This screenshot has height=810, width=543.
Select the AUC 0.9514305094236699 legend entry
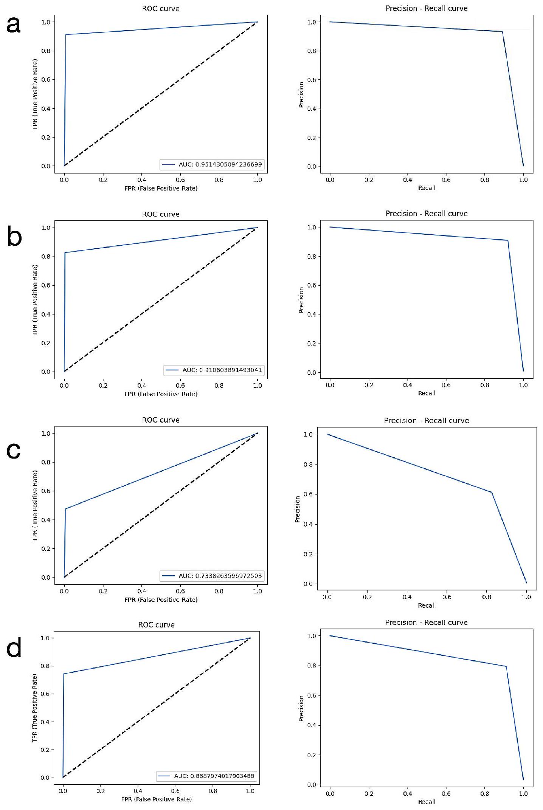click(212, 164)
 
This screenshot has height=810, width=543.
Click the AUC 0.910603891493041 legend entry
click(214, 370)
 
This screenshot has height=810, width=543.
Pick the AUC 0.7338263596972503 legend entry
click(212, 576)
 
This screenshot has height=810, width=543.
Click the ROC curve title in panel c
click(161, 420)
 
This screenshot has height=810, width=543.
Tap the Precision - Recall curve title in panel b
click(427, 214)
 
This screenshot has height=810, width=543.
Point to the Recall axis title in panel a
click(427, 188)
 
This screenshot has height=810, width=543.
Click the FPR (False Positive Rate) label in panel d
click(156, 799)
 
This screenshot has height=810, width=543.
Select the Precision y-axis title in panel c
click(298, 509)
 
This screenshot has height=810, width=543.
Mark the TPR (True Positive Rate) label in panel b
click(35, 300)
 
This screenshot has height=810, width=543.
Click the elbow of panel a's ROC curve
click(66, 35)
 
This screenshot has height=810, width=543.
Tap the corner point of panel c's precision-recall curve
click(491, 492)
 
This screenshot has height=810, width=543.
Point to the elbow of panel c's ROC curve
click(66, 509)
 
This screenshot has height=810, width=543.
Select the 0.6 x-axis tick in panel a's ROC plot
click(180, 180)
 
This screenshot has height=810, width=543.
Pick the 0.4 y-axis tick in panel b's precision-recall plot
click(312, 314)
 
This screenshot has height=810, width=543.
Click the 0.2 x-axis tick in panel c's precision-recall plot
click(367, 597)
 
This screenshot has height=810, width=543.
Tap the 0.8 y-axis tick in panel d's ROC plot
click(45, 666)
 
